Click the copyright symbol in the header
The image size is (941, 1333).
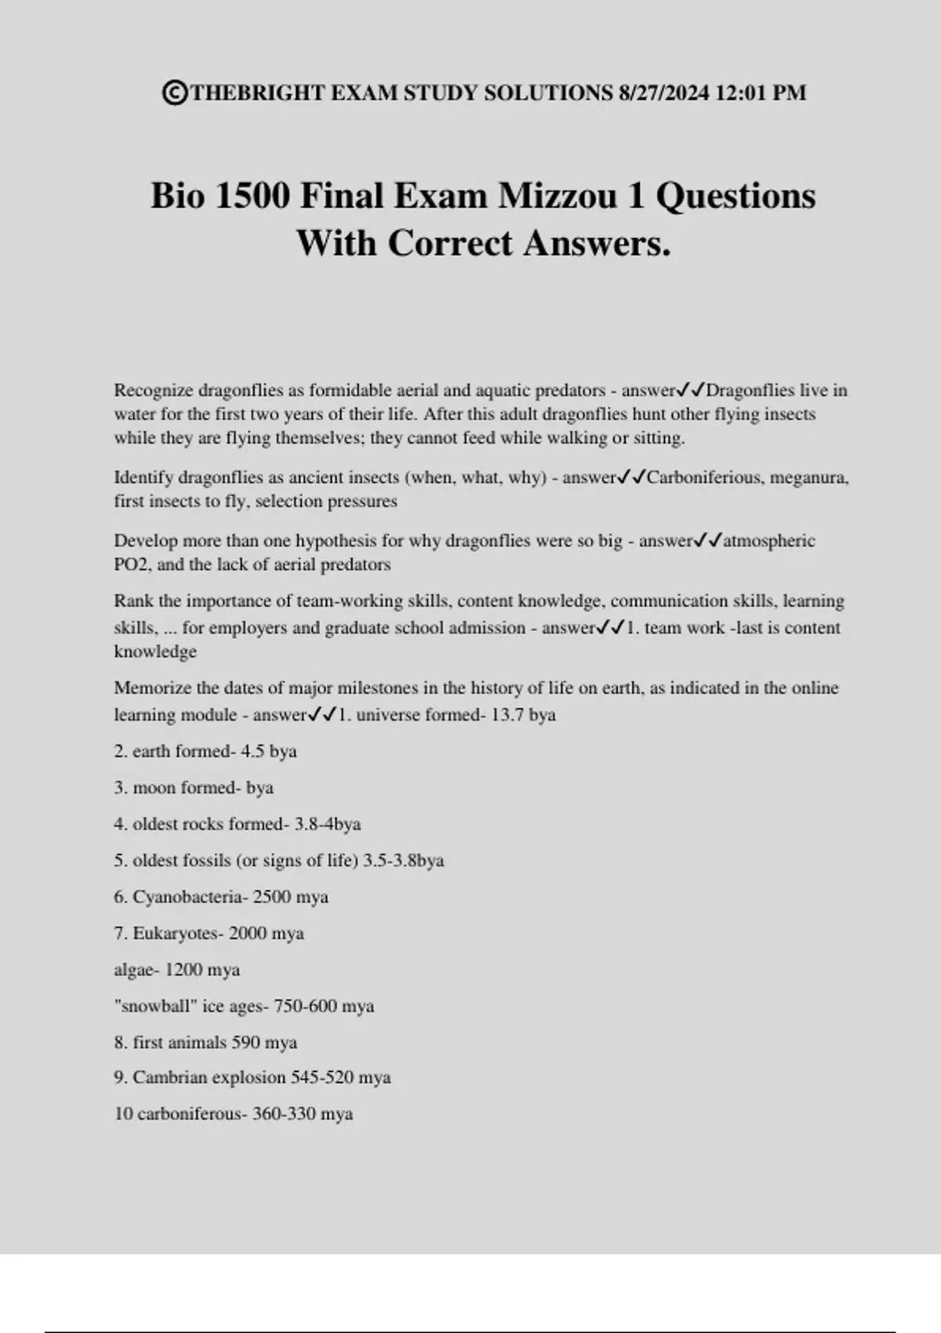point(175,93)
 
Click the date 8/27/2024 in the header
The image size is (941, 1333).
point(663,93)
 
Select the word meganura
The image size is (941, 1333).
point(809,478)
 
